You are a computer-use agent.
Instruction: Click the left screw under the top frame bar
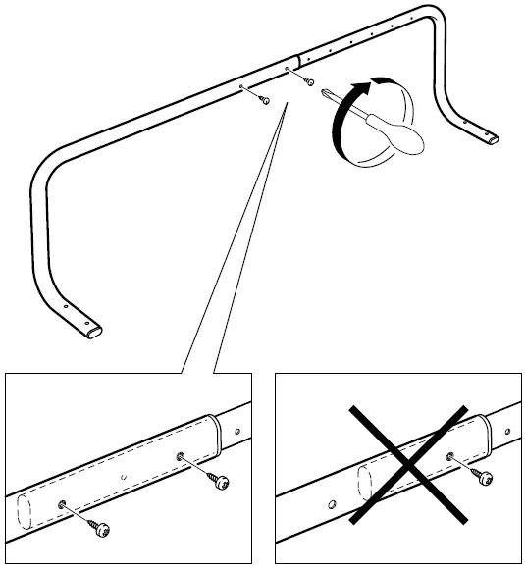(x=265, y=99)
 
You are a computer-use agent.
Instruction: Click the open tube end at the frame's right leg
(x=488, y=141)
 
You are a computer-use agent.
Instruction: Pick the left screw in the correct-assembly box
(x=100, y=529)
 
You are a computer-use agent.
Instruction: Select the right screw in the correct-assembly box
(x=219, y=481)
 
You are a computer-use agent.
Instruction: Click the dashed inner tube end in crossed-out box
(x=364, y=484)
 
